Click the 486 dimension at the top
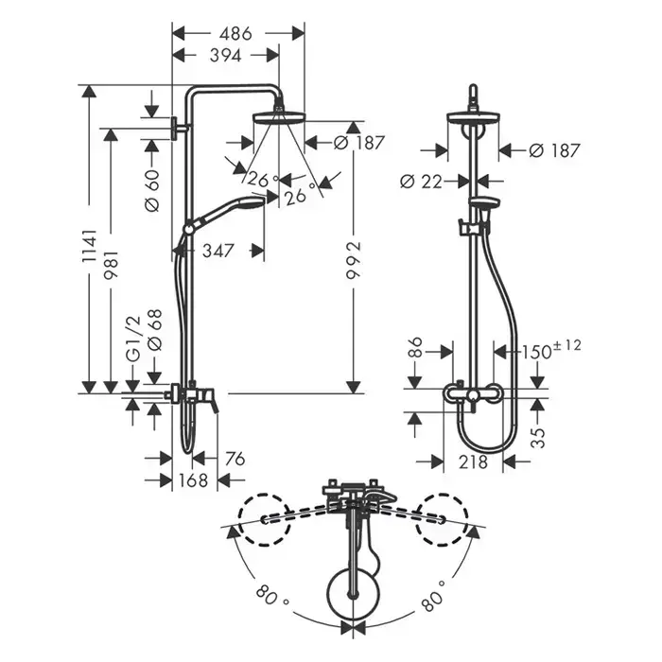tap(236, 34)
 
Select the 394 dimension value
tap(224, 56)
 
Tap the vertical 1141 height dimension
tap(88, 246)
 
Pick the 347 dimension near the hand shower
tap(219, 251)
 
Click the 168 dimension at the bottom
tap(194, 481)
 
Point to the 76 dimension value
tap(235, 459)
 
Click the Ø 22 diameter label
tap(421, 180)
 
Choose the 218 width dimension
tap(474, 462)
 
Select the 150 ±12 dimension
tap(550, 351)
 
